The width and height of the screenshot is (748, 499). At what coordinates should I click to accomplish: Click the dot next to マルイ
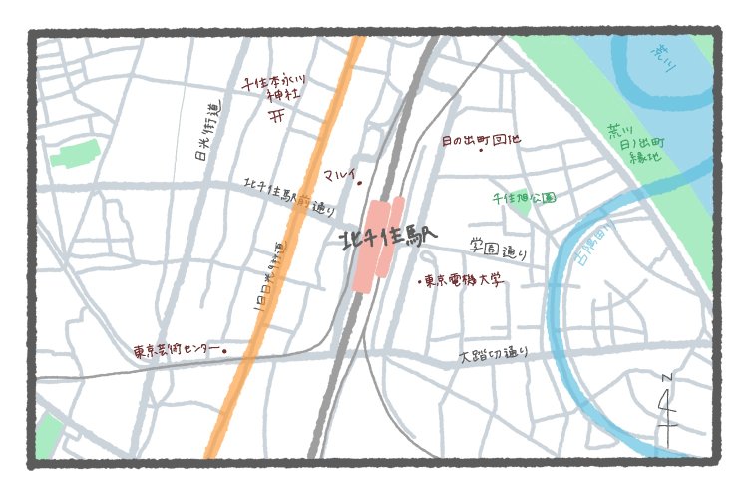pos(359,182)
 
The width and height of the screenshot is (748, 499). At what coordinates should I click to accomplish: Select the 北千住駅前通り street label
pos(289,196)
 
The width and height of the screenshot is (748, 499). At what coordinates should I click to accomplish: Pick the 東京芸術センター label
pos(175,351)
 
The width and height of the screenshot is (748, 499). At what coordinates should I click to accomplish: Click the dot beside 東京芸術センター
pos(224,350)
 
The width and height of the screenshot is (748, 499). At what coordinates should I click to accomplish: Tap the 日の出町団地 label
pos(480,140)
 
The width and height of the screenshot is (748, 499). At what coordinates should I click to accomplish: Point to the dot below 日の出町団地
pos(481,151)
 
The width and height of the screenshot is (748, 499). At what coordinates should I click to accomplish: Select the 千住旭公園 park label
pos(524,198)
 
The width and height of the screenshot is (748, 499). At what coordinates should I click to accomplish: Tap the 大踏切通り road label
pos(493,354)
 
